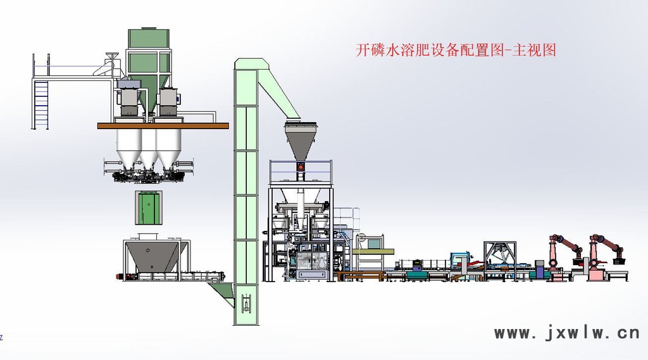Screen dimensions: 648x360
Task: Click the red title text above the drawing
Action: (456, 50)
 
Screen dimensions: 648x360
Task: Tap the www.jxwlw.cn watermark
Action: (567, 332)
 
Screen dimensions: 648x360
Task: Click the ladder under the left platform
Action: (41, 104)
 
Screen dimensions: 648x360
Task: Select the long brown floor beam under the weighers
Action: (163, 126)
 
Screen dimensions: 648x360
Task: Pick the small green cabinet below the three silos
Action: (148, 208)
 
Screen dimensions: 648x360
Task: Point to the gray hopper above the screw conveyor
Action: (152, 256)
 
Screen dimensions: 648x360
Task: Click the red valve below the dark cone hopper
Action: (301, 167)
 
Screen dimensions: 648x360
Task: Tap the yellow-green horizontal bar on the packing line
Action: (376, 251)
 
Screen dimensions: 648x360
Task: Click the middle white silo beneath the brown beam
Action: (149, 148)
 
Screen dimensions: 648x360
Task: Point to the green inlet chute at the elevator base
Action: (222, 293)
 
